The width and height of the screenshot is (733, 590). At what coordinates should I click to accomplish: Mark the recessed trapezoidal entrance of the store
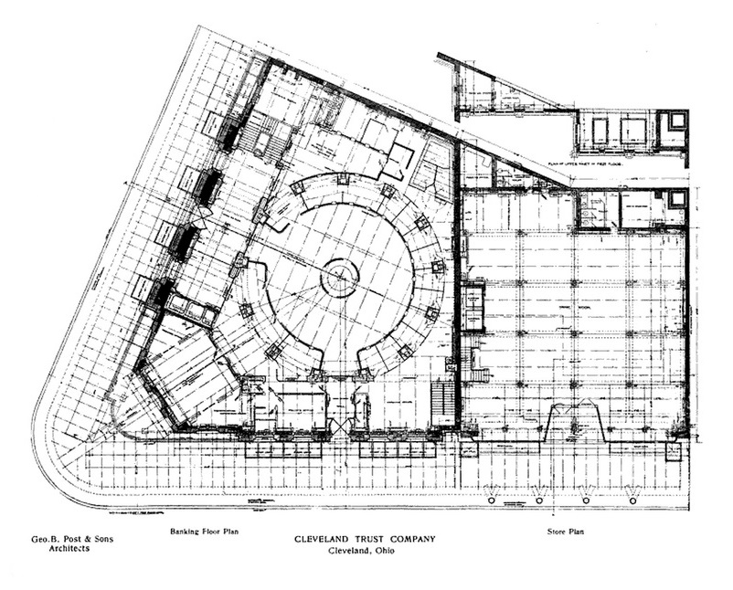[x=573, y=425]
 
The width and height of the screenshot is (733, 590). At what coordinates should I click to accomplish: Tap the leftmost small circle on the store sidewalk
[x=493, y=500]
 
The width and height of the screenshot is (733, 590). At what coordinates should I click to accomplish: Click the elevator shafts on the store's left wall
[x=473, y=307]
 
